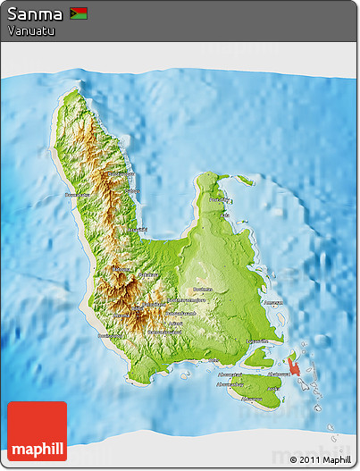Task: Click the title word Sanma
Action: [35, 14]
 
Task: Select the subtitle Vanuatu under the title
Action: [31, 30]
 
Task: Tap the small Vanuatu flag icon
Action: [79, 13]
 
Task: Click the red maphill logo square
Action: [37, 431]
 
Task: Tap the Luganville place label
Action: [258, 341]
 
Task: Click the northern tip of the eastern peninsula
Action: [206, 176]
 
